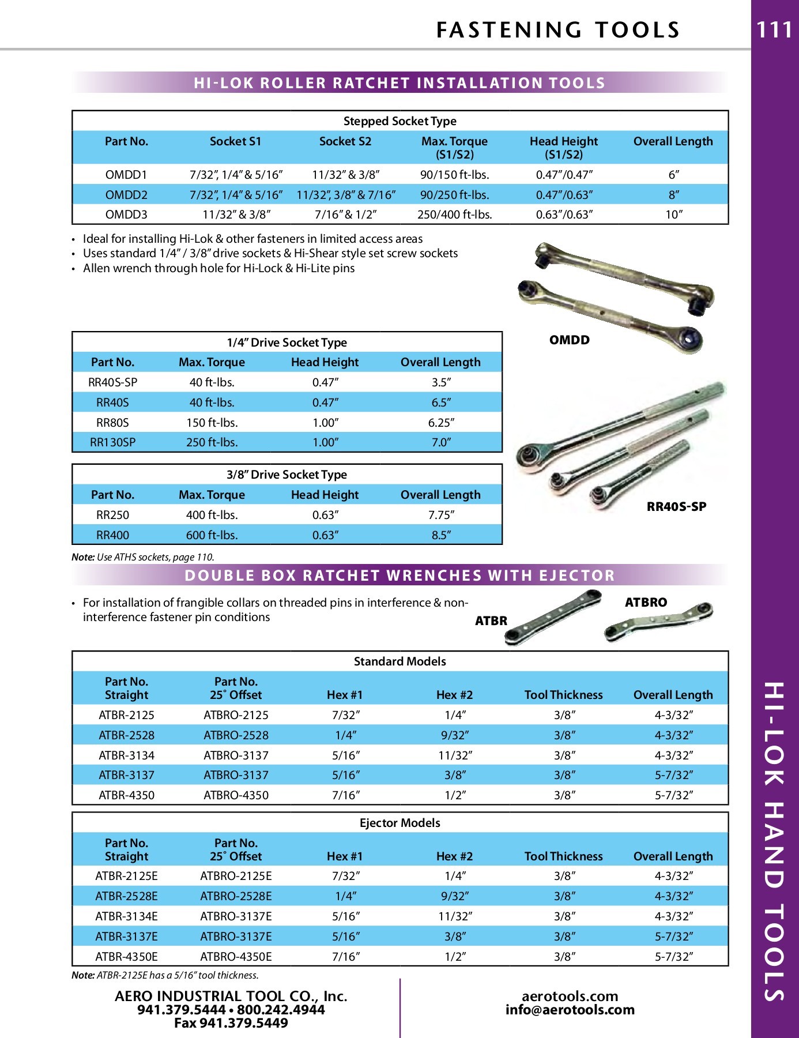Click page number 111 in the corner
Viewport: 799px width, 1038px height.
(x=774, y=30)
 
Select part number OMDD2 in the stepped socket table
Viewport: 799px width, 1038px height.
(x=126, y=195)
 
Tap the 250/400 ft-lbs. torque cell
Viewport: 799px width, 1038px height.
(x=454, y=215)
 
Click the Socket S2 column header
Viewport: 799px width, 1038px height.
(x=345, y=141)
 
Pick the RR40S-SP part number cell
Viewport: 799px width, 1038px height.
(x=112, y=382)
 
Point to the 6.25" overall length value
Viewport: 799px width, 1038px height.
(x=441, y=423)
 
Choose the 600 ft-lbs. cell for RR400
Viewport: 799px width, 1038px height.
(x=212, y=535)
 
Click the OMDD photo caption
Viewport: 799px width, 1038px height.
(x=569, y=340)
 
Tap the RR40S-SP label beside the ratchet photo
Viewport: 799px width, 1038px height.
(x=676, y=507)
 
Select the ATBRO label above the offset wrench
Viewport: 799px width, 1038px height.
(x=646, y=603)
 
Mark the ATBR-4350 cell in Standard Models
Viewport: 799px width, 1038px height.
(x=126, y=795)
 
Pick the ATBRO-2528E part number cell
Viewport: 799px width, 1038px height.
(x=236, y=896)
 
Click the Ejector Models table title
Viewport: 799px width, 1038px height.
(x=399, y=823)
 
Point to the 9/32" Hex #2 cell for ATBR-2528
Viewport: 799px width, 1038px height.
(x=454, y=735)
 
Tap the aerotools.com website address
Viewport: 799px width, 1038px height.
(x=570, y=996)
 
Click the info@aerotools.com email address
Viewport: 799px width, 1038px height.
(x=570, y=1010)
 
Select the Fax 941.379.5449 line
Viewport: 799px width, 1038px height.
(x=231, y=1023)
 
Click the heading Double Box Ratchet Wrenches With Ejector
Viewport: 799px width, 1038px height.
(x=399, y=576)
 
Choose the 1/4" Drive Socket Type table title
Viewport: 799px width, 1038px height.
(x=287, y=343)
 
